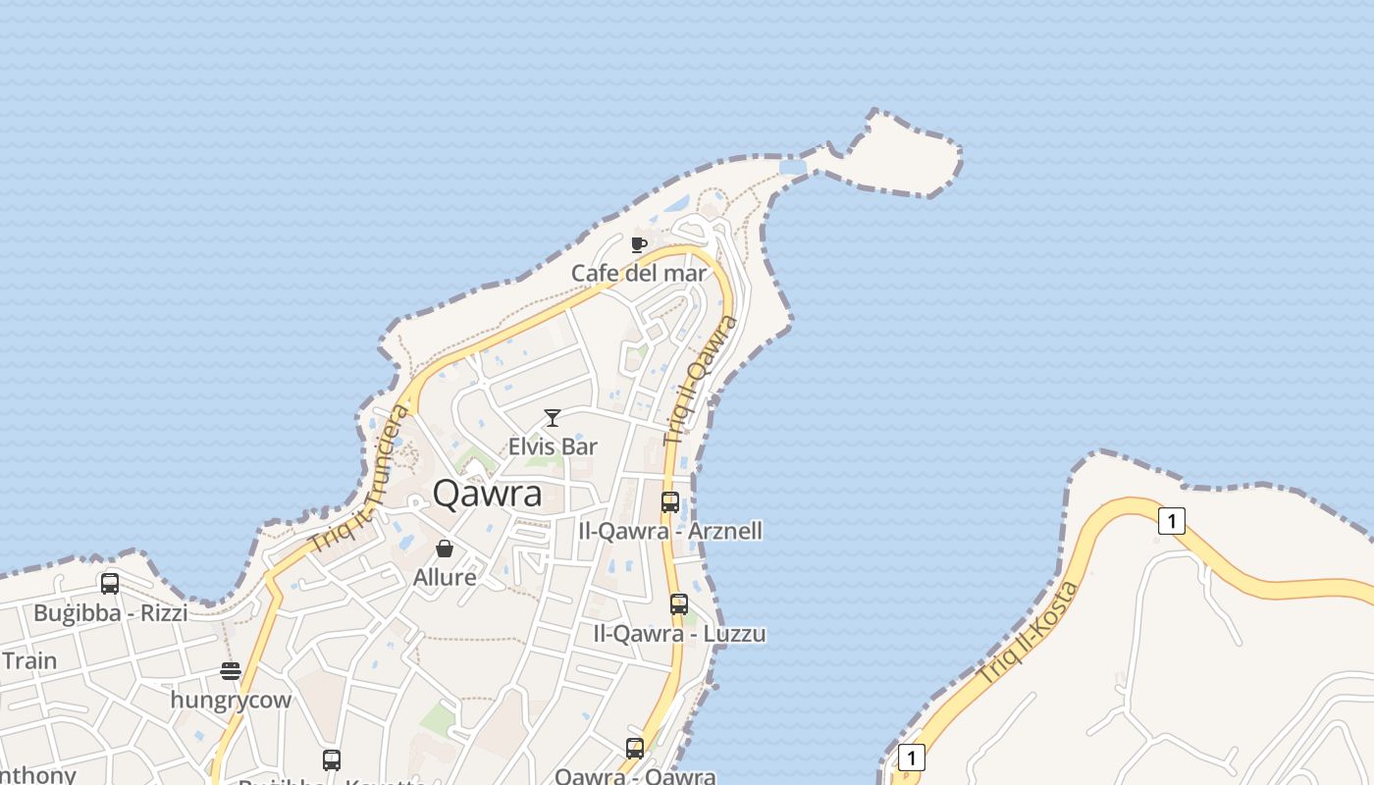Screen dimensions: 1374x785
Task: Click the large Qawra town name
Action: (487, 494)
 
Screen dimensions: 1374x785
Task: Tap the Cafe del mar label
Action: (639, 273)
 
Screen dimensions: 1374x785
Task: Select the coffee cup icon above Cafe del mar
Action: (639, 244)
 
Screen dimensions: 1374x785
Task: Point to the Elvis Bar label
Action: (553, 446)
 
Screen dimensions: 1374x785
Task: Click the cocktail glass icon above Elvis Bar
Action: (553, 418)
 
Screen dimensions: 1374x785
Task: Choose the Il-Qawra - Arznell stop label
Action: (670, 531)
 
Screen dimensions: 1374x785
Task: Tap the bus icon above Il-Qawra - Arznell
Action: (670, 502)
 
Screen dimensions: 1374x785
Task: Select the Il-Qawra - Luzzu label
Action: (679, 633)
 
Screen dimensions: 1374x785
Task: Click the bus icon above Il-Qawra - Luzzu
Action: (679, 604)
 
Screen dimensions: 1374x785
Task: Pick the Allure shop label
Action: (445, 577)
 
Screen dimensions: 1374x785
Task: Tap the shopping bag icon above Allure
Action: (445, 549)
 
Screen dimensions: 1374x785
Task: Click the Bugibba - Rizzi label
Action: (110, 613)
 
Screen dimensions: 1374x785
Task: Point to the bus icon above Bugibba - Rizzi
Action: (110, 584)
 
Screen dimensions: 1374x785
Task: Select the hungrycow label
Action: (231, 700)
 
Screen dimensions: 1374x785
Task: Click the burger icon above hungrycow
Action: (231, 671)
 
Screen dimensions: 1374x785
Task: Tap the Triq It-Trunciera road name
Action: (358, 478)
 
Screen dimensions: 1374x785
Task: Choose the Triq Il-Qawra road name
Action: (700, 381)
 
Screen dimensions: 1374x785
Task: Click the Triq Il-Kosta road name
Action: (1029, 634)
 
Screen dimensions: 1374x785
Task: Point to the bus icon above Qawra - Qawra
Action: (635, 749)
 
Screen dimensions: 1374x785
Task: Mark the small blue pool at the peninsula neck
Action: (793, 168)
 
